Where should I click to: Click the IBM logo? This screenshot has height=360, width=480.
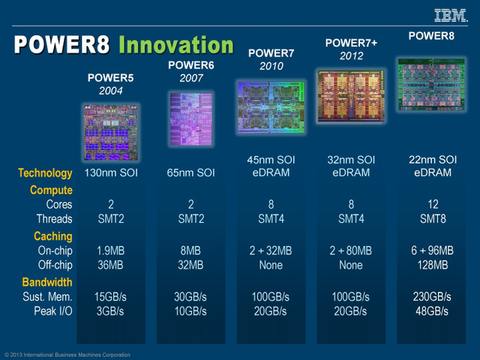coord(450,14)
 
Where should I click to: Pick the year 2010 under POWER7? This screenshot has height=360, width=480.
coord(271,66)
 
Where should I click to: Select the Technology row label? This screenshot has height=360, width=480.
coord(45,173)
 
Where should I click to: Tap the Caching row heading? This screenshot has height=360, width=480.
coord(52,236)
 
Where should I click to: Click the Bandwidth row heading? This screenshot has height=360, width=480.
coord(46,283)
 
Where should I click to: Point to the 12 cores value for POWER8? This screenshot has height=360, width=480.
coord(431,205)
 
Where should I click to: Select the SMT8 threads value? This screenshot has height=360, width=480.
coord(431,219)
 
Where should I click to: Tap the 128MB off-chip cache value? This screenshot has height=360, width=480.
coord(431,265)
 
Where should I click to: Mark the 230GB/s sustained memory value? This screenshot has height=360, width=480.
coord(431,297)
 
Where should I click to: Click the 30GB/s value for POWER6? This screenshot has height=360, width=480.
coord(191,297)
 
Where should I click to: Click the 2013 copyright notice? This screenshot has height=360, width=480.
coord(67,355)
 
